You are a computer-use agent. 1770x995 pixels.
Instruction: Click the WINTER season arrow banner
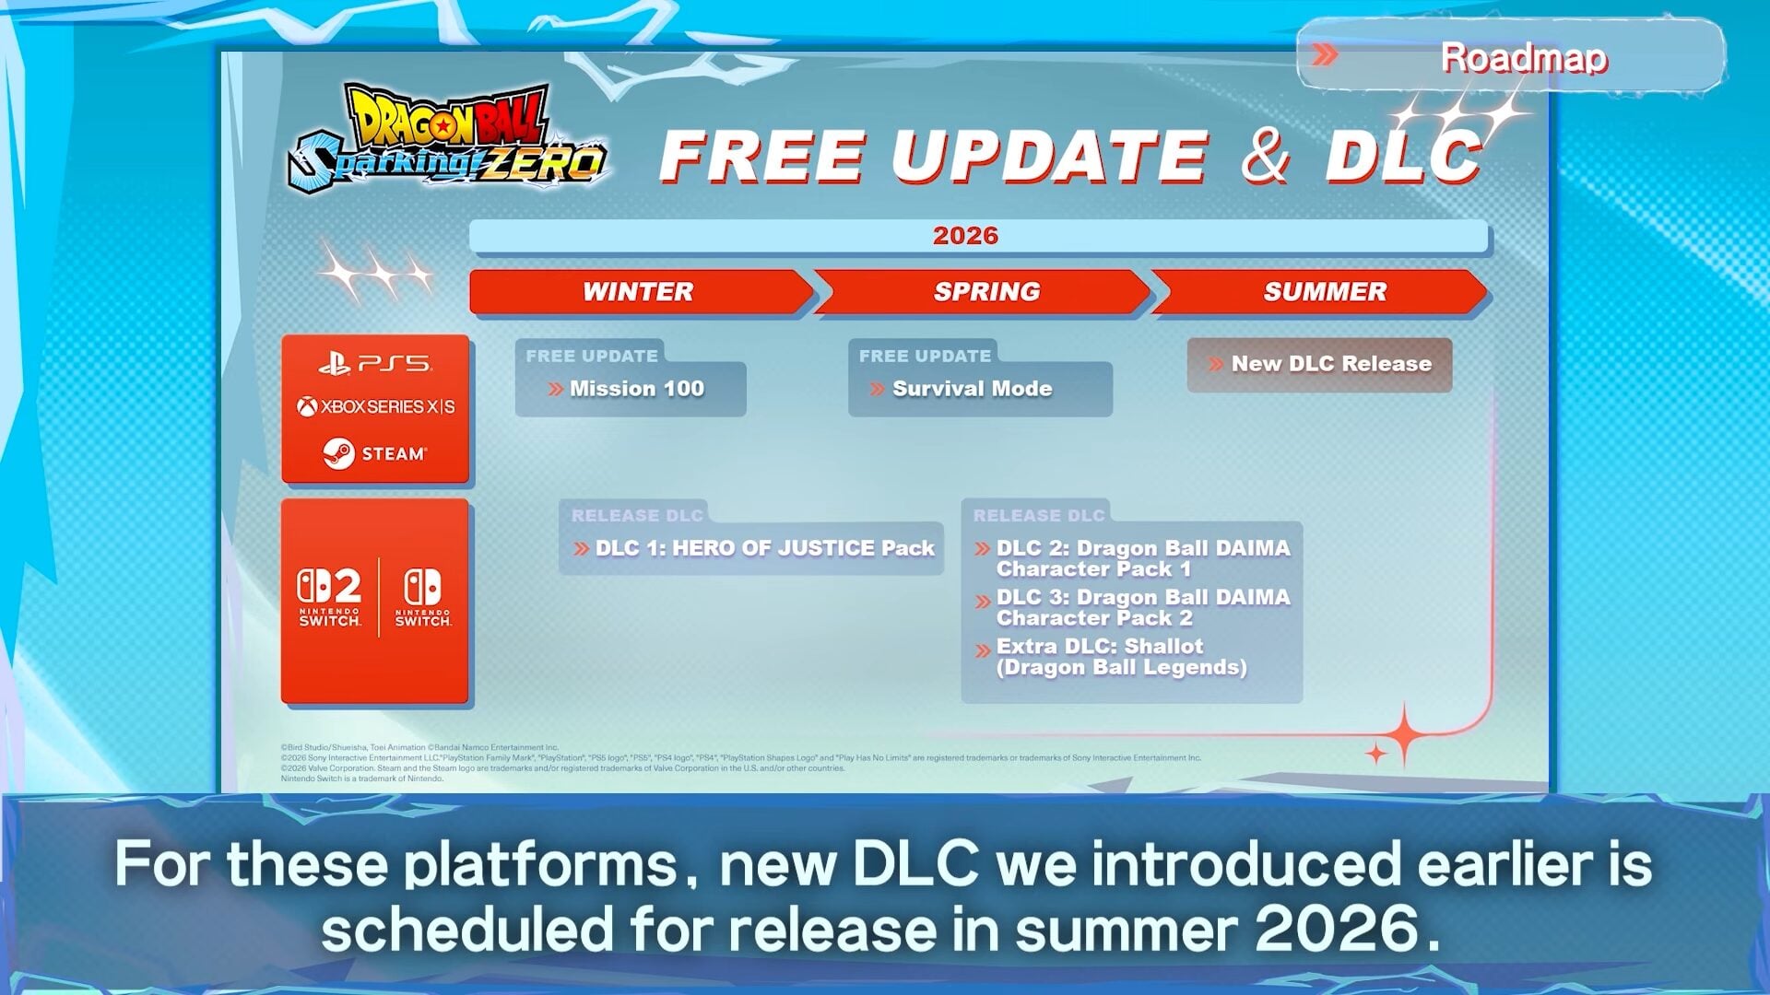638,292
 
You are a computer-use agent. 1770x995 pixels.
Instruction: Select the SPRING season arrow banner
985,292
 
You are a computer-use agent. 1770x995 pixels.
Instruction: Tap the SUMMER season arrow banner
1324,292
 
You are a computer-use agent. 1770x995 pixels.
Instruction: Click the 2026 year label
965,236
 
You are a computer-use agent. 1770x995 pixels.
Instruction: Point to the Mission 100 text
636,389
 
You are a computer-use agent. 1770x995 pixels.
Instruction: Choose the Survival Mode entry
972,389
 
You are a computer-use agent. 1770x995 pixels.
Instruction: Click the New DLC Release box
1320,365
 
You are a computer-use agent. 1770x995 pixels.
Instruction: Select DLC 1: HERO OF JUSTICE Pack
764,548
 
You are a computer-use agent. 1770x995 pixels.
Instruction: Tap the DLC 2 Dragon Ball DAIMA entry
1142,558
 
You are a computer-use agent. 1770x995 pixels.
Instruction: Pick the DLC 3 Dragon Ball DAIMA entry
1142,607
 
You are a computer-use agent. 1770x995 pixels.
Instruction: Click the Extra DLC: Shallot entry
1120,656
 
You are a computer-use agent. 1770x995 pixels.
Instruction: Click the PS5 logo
375,365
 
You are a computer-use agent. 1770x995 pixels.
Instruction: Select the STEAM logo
375,453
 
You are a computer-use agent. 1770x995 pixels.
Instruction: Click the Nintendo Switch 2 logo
329,597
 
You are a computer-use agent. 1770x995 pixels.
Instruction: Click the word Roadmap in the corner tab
1523,57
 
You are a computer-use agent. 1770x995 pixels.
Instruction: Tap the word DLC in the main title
1402,157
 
